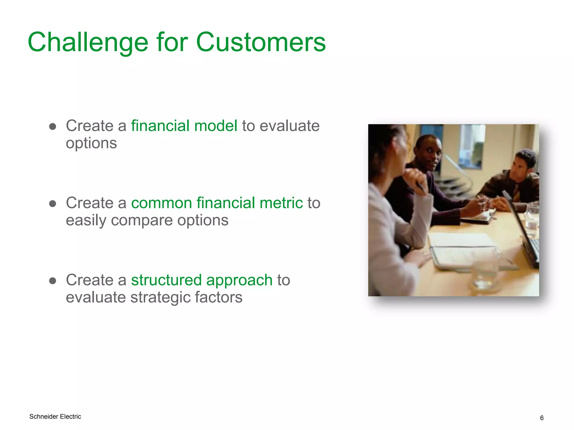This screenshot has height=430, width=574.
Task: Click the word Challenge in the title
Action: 88,43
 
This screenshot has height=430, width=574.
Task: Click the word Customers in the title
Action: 261,43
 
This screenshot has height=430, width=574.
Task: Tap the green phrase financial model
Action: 184,126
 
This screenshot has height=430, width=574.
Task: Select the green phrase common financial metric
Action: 217,203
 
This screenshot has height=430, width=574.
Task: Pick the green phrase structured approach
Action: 202,280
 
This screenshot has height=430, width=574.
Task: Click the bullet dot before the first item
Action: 52,127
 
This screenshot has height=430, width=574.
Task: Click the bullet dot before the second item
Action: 52,204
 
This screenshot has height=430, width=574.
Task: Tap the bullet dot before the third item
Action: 52,281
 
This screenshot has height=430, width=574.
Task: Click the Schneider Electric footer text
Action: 55,417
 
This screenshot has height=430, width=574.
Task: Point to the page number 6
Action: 541,418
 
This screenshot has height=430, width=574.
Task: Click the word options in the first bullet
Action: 91,143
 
